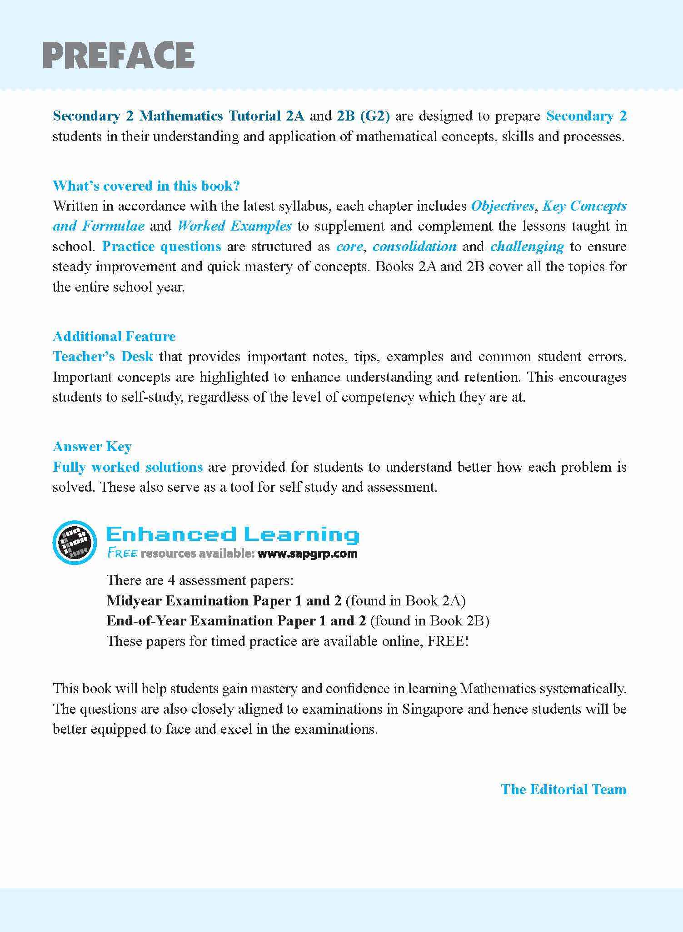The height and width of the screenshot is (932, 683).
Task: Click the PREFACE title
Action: (x=119, y=55)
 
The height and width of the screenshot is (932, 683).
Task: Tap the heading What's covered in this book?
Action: (x=146, y=186)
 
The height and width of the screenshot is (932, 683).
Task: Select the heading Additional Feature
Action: (x=114, y=336)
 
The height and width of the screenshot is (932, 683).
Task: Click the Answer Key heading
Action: (x=92, y=446)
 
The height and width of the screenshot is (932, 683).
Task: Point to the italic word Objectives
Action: (x=503, y=206)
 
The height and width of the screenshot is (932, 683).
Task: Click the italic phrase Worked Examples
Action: (x=234, y=226)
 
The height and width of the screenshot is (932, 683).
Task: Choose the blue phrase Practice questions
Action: (x=161, y=246)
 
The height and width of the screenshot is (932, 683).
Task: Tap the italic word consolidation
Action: (x=414, y=246)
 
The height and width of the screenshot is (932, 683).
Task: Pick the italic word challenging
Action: (x=527, y=246)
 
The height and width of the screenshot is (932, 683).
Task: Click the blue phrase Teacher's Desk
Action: (x=103, y=356)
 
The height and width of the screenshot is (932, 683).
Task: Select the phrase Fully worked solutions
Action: (x=128, y=467)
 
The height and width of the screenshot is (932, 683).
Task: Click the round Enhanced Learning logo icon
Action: (x=75, y=543)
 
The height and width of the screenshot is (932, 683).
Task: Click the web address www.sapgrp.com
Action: (x=307, y=554)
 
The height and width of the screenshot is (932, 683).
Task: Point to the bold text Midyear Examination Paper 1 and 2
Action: (x=224, y=600)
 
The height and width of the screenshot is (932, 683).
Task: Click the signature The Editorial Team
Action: (x=563, y=789)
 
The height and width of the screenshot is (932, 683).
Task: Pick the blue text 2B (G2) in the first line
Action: (x=363, y=116)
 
